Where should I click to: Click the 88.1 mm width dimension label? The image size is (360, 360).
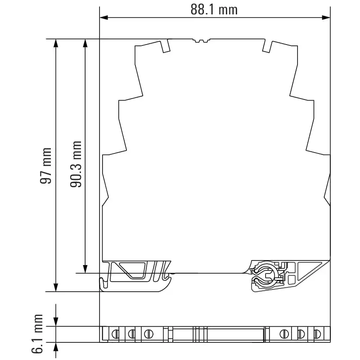pos(214,9)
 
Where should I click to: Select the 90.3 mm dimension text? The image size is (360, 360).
pos(76,164)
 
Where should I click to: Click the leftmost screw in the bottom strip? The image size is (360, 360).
pos(115,334)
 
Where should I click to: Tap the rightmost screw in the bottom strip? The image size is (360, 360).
pos(317,334)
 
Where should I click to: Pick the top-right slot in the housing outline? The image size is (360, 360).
pos(266,46)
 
